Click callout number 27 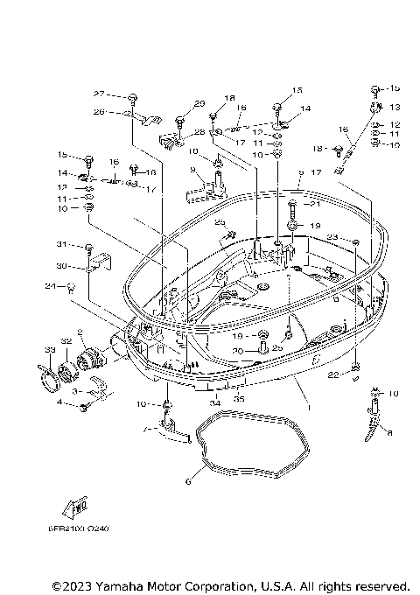(x=99, y=94)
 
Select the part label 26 (x=99, y=112)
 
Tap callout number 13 (x=395, y=107)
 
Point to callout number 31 (x=62, y=244)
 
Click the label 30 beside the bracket (x=62, y=266)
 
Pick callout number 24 (x=51, y=286)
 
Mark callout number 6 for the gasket (x=188, y=480)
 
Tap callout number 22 (x=333, y=375)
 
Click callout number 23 (x=333, y=236)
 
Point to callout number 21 (x=316, y=204)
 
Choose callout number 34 (x=214, y=403)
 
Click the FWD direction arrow (x=74, y=508)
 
